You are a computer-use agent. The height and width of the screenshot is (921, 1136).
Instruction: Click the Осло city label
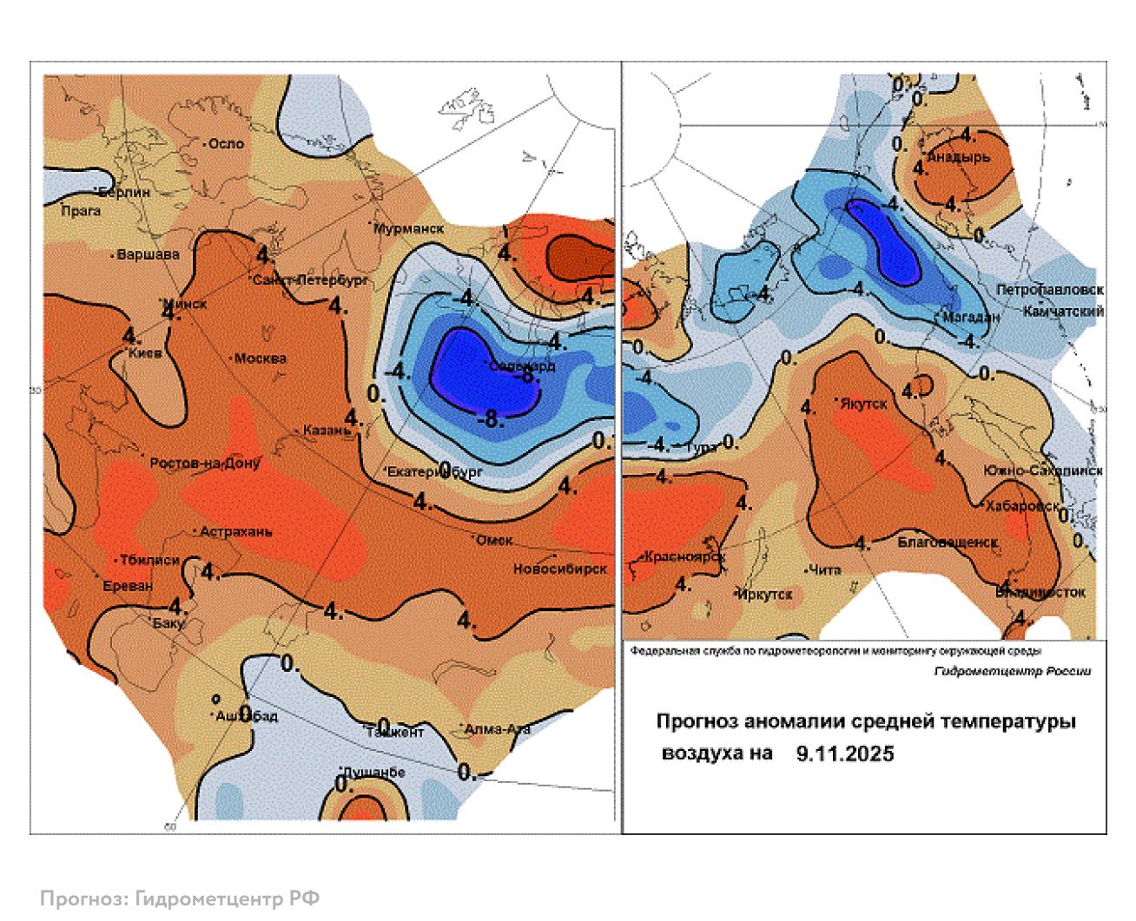(x=227, y=144)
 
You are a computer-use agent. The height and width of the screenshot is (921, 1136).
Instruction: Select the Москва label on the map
(x=261, y=359)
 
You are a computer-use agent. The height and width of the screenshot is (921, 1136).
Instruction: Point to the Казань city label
(x=327, y=431)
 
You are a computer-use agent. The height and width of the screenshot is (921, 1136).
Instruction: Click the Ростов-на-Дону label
(x=206, y=464)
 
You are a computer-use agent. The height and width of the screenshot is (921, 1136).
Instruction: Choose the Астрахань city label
(x=236, y=531)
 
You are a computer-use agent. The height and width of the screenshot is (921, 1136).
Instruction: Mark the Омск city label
(x=495, y=540)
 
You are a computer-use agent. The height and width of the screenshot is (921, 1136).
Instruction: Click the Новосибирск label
(x=560, y=569)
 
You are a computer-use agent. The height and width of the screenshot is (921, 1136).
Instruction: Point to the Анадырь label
(x=959, y=158)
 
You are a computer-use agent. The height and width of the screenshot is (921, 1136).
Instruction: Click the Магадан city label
(x=972, y=317)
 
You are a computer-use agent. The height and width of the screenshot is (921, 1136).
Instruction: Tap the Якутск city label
(x=863, y=404)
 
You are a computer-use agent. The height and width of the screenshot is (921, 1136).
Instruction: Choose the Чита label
(x=824, y=570)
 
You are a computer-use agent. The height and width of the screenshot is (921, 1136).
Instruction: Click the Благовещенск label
(x=948, y=542)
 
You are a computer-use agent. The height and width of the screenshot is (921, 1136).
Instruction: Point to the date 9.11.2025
(x=845, y=754)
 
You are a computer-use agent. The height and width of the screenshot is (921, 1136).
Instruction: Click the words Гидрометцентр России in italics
(x=1013, y=671)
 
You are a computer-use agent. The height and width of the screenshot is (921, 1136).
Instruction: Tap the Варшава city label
(x=149, y=255)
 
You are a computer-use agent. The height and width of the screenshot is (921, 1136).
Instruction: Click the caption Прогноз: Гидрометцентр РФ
(x=180, y=898)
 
